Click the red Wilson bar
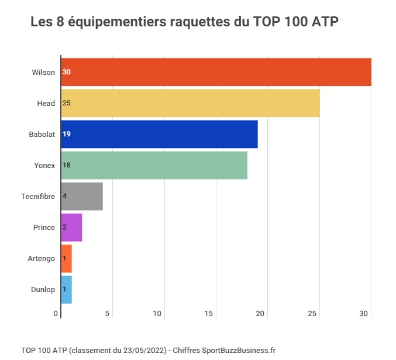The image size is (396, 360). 216,72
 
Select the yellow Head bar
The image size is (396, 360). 191,103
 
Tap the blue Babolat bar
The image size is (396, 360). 160,134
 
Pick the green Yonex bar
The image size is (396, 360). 154,165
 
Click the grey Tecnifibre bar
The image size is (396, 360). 82,196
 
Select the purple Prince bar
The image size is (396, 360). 72,227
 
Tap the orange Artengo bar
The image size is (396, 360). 67,258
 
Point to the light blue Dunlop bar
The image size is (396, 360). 67,289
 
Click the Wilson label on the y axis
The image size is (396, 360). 43,72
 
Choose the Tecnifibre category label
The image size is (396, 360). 38,196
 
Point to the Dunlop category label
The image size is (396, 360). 43,289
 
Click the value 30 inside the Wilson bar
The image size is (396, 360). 66,72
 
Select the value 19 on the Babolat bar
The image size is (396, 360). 66,134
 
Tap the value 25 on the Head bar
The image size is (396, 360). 66,103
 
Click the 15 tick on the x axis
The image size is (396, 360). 209,314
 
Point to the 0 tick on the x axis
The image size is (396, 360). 57,314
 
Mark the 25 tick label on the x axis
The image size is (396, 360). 312,314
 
